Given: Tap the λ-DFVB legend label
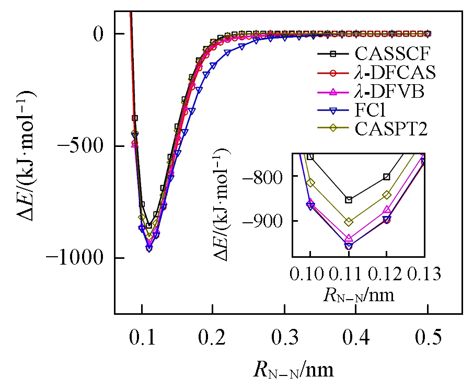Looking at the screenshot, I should pos(389,92).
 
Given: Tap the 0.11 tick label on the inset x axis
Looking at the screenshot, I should pos(349,273).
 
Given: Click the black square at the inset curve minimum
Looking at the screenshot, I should pos(349,200).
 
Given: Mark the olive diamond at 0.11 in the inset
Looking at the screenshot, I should pos(349,222).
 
